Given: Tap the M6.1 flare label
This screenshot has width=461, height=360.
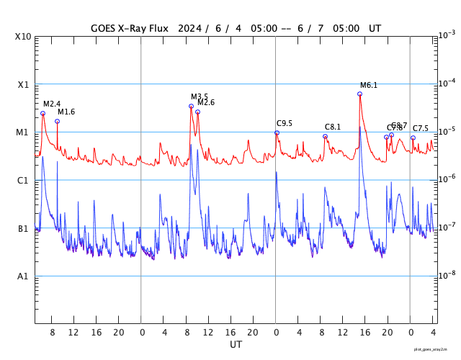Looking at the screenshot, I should coord(369,85).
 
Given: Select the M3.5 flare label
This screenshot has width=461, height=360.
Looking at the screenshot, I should coord(200,96).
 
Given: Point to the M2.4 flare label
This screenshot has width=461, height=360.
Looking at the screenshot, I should coord(52,104).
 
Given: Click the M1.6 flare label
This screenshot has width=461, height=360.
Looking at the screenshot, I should coord(66,112).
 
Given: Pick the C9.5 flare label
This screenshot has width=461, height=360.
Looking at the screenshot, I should coord(285,124).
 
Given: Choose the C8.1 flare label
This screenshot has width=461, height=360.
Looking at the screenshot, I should coord(333,127).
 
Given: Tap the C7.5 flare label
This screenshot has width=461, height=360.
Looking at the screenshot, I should coord(421,128).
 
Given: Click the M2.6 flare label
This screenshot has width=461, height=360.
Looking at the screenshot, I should coord(206,103).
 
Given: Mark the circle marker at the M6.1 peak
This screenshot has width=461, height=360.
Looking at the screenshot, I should coord(360,94).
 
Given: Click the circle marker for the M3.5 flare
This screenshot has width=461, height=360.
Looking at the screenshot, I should coord(191,106).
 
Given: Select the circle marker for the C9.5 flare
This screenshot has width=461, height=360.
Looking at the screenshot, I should coord(277,132).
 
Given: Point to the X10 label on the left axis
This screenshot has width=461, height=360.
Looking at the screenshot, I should coord(24,37).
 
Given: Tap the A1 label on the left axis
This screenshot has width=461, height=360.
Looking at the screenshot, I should coord(24,276).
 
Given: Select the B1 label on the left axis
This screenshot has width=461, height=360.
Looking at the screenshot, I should coord(24,229).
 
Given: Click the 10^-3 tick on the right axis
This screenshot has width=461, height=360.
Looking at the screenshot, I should coord(447,35).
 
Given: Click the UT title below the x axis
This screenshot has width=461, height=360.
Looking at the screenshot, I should coord(236,345).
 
